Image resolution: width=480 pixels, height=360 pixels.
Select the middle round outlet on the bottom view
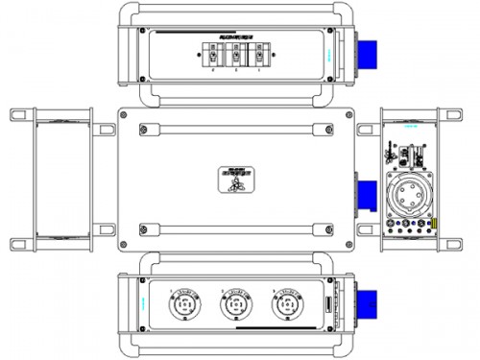pos(233,308)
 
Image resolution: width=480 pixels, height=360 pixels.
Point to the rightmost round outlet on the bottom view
pos(285,308)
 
